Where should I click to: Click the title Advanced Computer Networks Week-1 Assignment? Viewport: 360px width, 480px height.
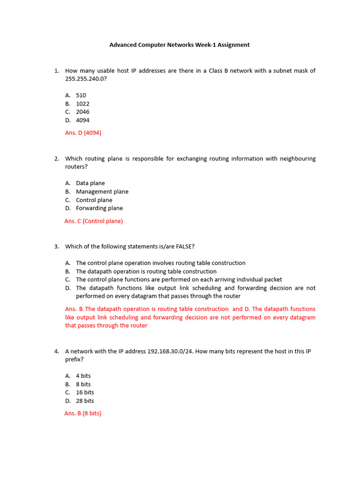coord(180,45)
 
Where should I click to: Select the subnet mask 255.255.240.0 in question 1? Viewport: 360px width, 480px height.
coord(85,79)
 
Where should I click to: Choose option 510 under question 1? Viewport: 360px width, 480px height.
coord(81,95)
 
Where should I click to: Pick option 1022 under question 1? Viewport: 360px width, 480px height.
coord(82,104)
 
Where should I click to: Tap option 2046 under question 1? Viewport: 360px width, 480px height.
coord(82,112)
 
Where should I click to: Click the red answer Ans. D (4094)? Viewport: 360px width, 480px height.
coord(83,133)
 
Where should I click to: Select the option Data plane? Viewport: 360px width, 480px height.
coord(90,183)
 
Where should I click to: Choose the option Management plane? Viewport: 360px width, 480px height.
coord(102,192)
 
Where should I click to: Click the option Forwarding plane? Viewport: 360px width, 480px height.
coord(99,208)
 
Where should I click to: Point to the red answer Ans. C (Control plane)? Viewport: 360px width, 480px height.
coord(94,221)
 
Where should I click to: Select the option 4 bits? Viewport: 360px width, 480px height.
coord(83,376)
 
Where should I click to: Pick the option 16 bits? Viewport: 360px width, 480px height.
coord(85,392)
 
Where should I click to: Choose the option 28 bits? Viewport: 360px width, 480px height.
coord(85,401)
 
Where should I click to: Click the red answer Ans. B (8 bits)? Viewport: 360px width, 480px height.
coord(83,413)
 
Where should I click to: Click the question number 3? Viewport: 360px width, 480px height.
coord(56,247)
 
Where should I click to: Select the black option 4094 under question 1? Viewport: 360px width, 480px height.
coord(82,120)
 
